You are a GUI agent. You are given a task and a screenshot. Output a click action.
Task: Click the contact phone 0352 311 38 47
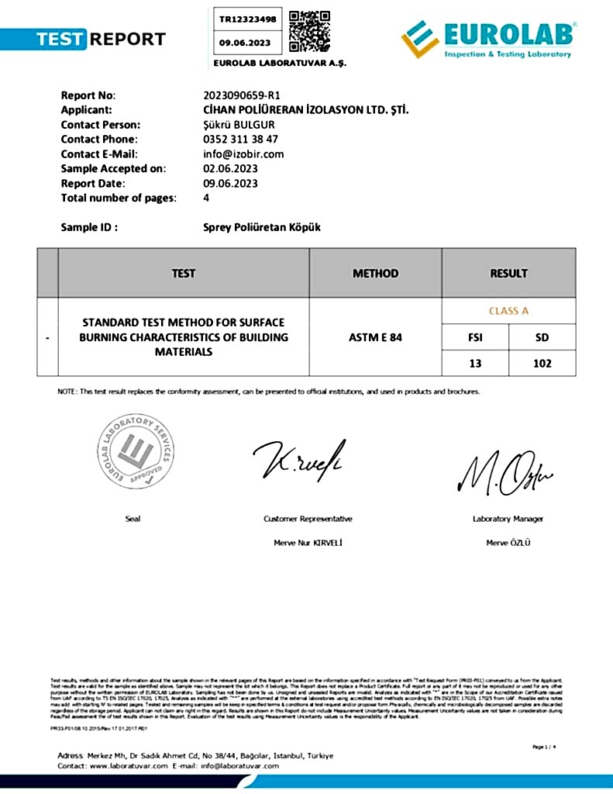point(240,140)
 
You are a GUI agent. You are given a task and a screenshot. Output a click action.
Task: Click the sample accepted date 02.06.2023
point(230,168)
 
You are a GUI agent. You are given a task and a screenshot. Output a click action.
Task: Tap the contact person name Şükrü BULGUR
point(239,125)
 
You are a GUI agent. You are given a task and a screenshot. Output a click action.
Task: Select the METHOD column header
point(375,273)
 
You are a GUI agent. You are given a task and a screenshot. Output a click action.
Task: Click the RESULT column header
point(508,273)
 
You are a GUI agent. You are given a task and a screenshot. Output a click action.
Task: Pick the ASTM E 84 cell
point(375,337)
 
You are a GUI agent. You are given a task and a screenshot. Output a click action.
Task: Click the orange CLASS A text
point(508,311)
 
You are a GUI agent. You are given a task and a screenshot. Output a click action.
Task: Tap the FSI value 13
point(475,363)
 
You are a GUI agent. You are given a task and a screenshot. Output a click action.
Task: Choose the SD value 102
point(542,363)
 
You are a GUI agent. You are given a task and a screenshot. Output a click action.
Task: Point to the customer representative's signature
point(299,459)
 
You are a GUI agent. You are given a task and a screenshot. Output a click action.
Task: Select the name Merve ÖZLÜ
point(508,542)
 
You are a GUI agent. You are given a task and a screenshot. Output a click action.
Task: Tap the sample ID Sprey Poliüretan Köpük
point(261,227)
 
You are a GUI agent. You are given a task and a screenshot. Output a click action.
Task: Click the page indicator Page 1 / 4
point(546,746)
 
